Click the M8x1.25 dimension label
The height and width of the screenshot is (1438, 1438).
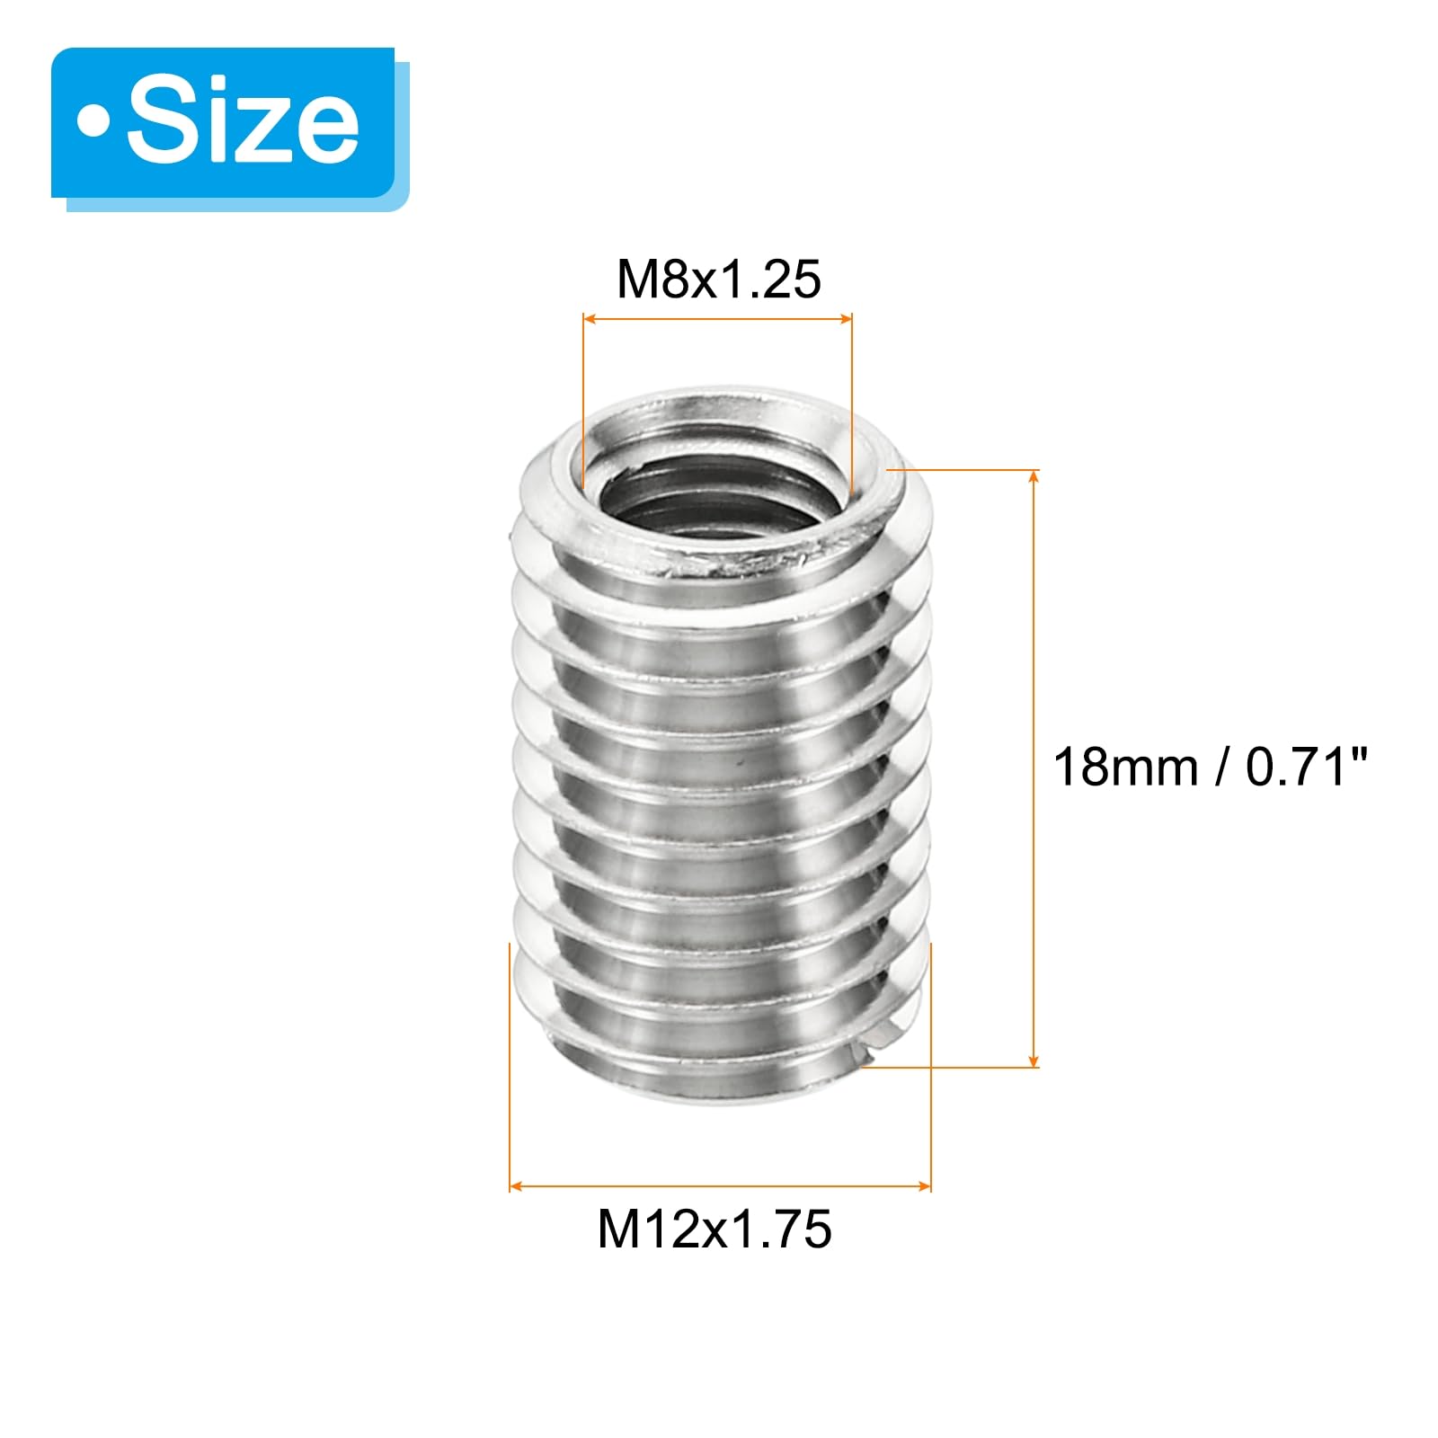[718, 279]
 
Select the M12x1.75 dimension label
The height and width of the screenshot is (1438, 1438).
[715, 1229]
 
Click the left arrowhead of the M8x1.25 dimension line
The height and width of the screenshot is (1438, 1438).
[590, 318]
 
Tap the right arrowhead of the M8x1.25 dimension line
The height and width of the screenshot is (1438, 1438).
[845, 318]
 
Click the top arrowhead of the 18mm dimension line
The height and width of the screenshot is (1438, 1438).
[1034, 476]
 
